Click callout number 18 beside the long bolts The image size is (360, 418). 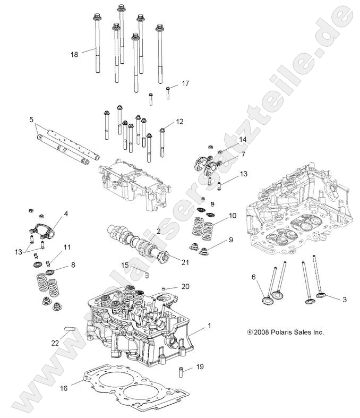(74, 54)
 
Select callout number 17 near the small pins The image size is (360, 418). (185, 83)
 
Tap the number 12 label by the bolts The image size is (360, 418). (179, 122)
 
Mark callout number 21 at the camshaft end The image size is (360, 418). (185, 261)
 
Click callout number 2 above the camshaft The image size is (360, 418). (158, 232)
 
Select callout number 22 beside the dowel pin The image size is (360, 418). (55, 343)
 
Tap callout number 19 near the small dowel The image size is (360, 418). (200, 366)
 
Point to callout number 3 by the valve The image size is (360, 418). (344, 300)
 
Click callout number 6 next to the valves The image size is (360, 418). (253, 277)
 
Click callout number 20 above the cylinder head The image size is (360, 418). (185, 286)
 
